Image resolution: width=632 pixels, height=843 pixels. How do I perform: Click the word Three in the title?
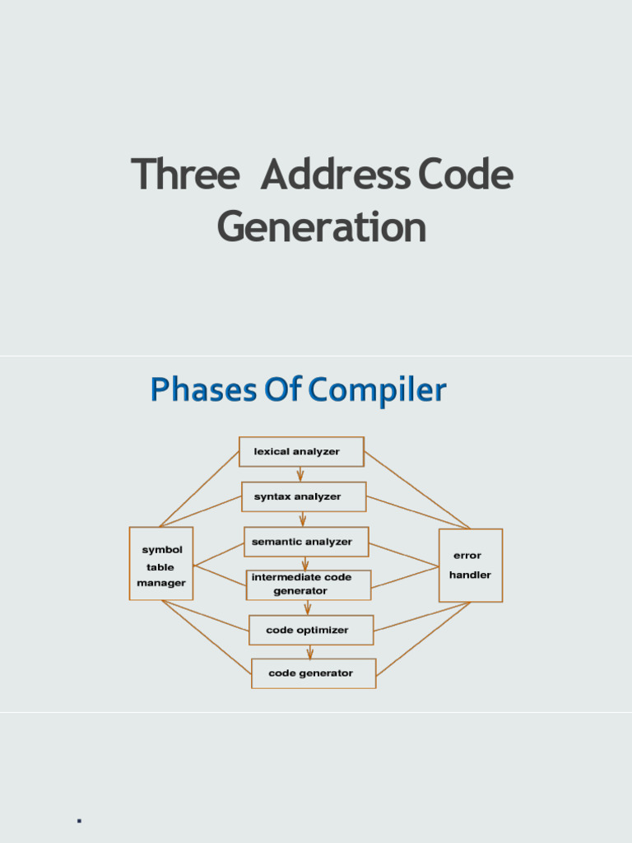pos(185,175)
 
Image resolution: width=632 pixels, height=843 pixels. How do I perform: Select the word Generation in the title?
pos(322,227)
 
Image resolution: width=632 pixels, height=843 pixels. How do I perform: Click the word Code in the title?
pos(465,175)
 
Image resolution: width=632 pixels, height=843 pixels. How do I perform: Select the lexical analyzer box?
pos(301,452)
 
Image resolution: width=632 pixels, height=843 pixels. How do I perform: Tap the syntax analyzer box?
pos(304,496)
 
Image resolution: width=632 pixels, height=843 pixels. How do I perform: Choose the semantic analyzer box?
pos(306,542)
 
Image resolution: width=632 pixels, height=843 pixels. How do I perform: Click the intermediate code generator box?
pos(309,585)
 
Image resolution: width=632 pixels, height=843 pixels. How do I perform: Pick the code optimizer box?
pos(311,630)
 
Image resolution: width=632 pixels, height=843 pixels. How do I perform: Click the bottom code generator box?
pos(314,673)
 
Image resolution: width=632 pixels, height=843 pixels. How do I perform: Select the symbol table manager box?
pos(161,564)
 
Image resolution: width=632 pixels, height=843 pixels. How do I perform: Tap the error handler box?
pos(470,566)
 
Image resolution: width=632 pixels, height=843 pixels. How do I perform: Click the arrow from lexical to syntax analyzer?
pos(300,474)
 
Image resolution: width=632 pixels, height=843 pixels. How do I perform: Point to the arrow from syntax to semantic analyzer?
pos(303,519)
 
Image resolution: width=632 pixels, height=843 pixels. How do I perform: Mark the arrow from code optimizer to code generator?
pos(310,652)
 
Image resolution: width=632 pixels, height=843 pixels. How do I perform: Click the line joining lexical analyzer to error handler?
pos(416,490)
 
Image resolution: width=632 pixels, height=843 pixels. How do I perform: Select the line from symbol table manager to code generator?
pos(207,639)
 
